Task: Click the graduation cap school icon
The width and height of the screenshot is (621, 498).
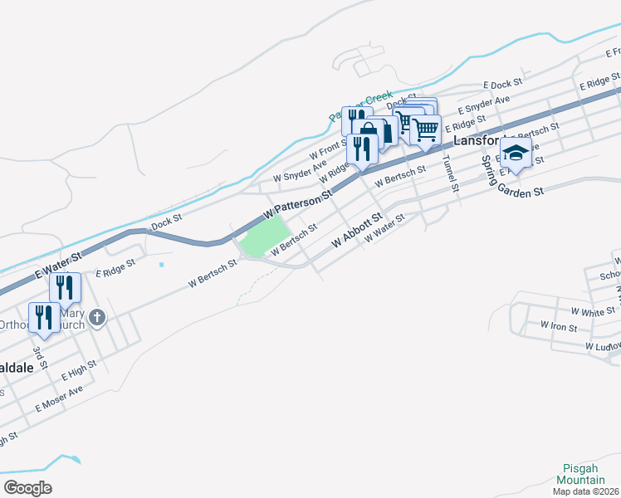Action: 516,154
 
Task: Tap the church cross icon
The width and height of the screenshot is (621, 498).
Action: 97,317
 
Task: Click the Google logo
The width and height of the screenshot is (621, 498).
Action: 27,487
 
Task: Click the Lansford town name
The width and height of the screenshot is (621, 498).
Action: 478,140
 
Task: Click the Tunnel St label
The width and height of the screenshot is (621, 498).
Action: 449,173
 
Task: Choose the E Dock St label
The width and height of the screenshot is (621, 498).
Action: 502,84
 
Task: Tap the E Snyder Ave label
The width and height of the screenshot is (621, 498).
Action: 484,105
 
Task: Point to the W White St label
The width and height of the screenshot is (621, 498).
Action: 587,312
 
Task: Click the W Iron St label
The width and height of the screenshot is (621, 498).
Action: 558,326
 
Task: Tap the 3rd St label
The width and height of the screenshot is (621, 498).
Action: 38,358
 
